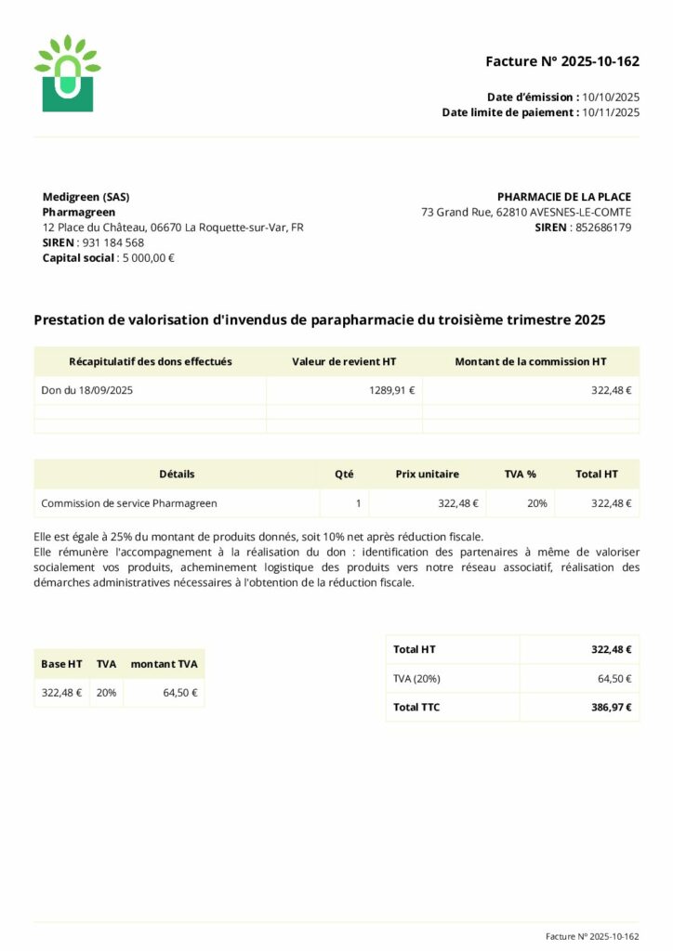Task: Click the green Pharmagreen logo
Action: pyautogui.click(x=67, y=74)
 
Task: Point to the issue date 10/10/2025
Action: pyautogui.click(x=611, y=97)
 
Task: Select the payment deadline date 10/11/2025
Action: pyautogui.click(x=611, y=112)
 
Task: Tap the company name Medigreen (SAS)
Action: pyautogui.click(x=86, y=197)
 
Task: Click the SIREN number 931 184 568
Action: pyautogui.click(x=113, y=242)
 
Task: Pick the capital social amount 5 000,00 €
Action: pyautogui.click(x=149, y=258)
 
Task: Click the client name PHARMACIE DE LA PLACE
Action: pyautogui.click(x=563, y=197)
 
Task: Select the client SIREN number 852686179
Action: pyautogui.click(x=603, y=228)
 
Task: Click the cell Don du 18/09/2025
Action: pyautogui.click(x=87, y=391)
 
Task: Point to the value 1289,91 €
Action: pyautogui.click(x=391, y=391)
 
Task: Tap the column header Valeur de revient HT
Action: pyautogui.click(x=344, y=361)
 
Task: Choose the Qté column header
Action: pyautogui.click(x=344, y=474)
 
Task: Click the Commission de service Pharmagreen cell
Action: pyautogui.click(x=129, y=503)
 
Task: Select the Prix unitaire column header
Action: pyautogui.click(x=427, y=474)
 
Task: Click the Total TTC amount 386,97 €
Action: pyautogui.click(x=611, y=708)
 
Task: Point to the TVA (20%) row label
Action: pyautogui.click(x=416, y=679)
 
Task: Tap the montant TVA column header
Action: pyautogui.click(x=164, y=664)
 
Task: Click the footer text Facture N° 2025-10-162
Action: pyautogui.click(x=592, y=937)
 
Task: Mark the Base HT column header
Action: pyautogui.click(x=61, y=664)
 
